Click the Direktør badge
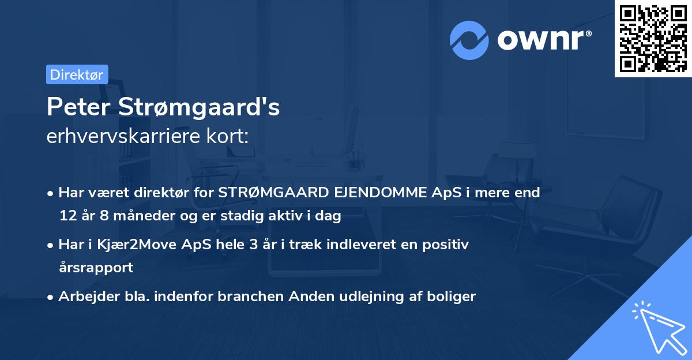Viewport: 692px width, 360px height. [77, 74]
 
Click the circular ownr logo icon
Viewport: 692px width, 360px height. [469, 40]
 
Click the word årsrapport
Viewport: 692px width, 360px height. [96, 268]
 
